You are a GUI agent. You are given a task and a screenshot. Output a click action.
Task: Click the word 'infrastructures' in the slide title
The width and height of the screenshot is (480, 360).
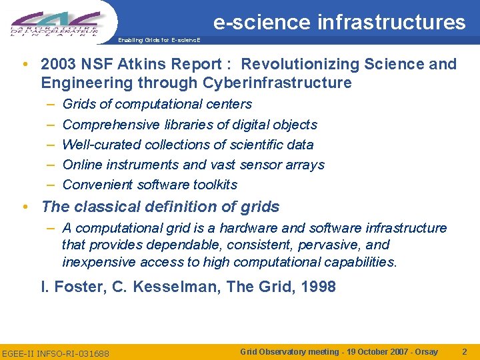click(x=391, y=23)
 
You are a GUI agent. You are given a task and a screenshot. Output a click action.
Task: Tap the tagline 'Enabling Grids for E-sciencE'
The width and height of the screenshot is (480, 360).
click(x=158, y=40)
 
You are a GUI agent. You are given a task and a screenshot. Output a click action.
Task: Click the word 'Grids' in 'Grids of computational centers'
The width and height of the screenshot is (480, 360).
click(x=79, y=104)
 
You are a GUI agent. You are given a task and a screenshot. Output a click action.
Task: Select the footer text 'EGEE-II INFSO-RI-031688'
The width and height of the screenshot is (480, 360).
click(x=56, y=353)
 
